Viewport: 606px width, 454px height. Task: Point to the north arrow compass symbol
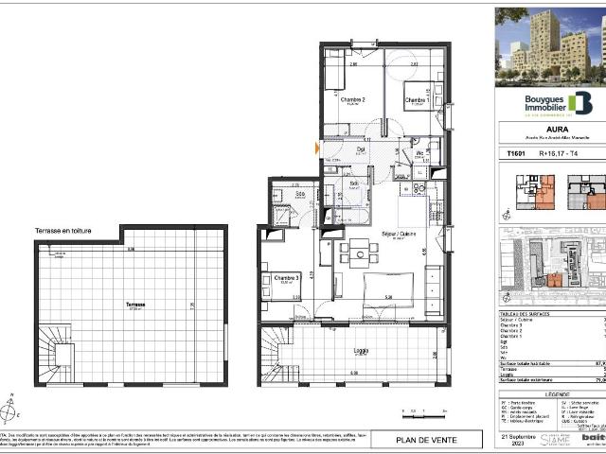click(10, 409)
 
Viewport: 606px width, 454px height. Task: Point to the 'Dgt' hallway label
click(361, 148)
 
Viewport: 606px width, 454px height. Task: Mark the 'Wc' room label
click(419, 152)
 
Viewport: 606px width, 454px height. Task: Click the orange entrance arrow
click(318, 148)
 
